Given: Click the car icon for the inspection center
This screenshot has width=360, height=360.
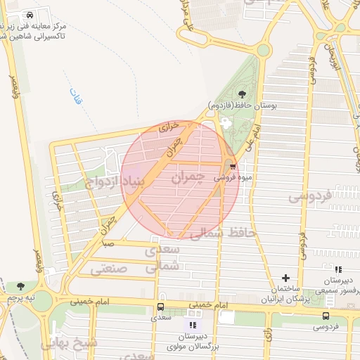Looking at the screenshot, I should coord(28,15).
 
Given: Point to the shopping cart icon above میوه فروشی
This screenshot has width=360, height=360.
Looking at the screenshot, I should coord(231,167).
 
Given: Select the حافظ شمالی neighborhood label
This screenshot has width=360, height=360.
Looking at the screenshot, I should coord(220,232).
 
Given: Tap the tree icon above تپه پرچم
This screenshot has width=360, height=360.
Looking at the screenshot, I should coord(20,286).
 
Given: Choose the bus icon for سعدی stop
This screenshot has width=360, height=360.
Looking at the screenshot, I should coord(161,307).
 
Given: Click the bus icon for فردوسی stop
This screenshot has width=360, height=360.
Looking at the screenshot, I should coord(325,316).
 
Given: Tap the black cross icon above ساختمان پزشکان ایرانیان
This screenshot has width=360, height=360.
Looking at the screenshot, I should coord(285,278).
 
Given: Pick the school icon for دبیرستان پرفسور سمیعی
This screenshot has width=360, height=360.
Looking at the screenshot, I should coord(338,269).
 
